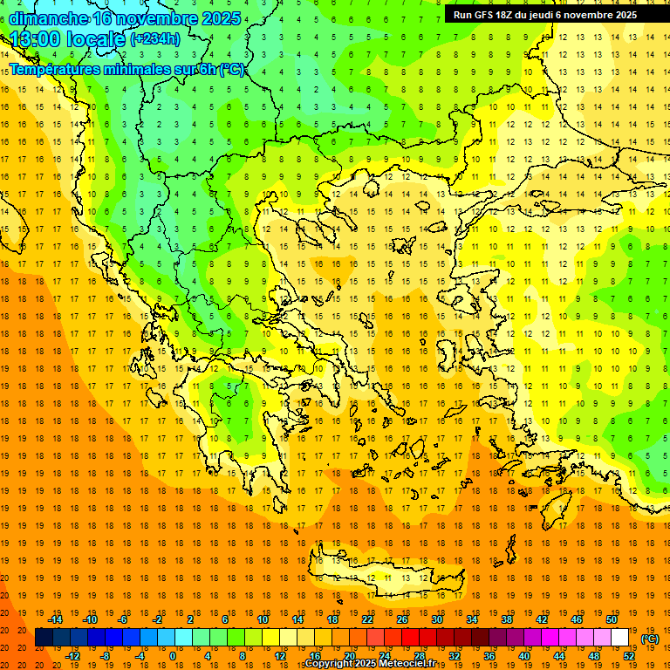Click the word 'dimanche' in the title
[x=49, y=18]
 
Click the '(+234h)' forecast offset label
[x=154, y=39]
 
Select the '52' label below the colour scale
[x=629, y=656]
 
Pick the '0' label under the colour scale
[x=172, y=656]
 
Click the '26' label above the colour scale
[x=402, y=619]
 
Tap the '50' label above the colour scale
[x=612, y=619]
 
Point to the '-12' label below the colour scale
[x=73, y=656]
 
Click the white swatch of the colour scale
[x=620, y=638]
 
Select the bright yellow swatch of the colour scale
[x=270, y=638]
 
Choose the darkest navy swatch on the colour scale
[x=44, y=638]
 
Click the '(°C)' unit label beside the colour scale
[x=650, y=639]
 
